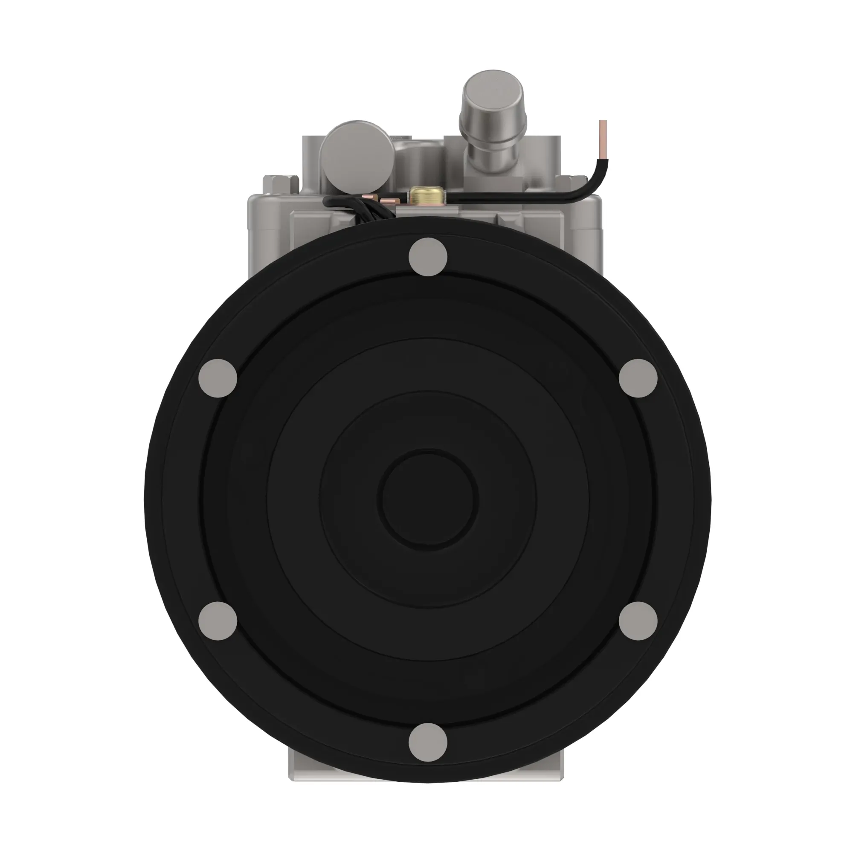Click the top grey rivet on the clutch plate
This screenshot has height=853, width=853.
(427, 257)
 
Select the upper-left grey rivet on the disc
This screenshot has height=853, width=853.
(218, 378)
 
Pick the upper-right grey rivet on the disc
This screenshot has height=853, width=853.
(638, 378)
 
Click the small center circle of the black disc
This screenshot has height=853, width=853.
(427, 499)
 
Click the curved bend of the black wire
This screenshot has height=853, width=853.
(594, 186)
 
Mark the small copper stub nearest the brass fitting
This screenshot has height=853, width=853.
(390, 201)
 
